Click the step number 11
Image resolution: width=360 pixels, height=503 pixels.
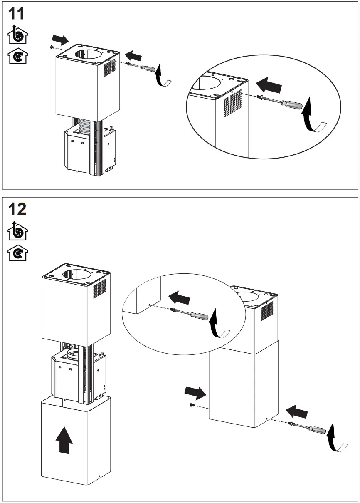tap(17, 14)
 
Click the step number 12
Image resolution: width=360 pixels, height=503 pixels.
tap(17, 209)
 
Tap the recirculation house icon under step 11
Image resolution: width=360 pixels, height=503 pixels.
tap(18, 56)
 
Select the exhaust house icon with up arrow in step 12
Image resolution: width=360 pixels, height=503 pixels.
tap(18, 231)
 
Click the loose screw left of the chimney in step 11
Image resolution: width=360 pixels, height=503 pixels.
tap(51, 47)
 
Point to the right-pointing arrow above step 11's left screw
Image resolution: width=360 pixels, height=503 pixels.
tap(61, 40)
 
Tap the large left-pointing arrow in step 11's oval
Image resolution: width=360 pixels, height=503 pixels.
tap(269, 86)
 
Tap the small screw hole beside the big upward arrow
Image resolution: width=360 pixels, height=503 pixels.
tap(99, 476)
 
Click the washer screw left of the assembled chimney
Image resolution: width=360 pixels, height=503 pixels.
tap(192, 405)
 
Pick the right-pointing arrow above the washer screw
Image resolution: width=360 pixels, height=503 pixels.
tap(195, 392)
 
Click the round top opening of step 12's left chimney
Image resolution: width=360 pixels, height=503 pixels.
tap(76, 274)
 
